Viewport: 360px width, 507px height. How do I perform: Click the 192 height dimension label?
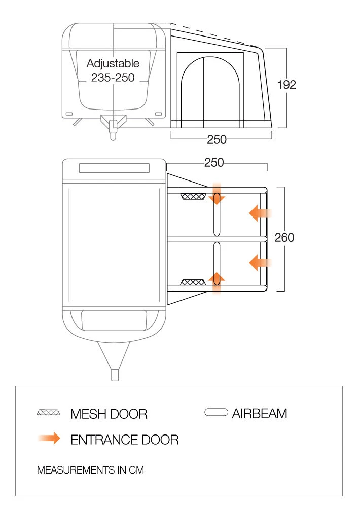pos(286,85)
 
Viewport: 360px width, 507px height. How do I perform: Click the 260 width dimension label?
pos(284,237)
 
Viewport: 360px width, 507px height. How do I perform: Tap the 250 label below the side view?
pos(217,139)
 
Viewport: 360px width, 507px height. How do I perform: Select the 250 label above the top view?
pos(214,163)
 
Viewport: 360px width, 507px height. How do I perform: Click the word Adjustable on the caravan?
pos(113,64)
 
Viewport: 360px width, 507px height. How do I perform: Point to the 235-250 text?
pos(113,78)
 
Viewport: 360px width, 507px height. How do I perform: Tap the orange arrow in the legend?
pos(49,439)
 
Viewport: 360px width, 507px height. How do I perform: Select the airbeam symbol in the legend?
pos(215,413)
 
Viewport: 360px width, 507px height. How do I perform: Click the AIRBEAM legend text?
pos(259,414)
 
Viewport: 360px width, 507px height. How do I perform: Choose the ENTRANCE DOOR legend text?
pos(124,440)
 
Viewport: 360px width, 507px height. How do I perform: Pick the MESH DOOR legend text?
pos(109,414)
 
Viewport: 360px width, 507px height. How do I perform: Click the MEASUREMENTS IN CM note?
pos(90,470)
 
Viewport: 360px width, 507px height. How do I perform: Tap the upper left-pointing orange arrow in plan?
pos(261,214)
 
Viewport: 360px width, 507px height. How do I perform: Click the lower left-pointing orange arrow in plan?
pos(261,262)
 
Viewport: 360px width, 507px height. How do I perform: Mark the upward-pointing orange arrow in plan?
pos(217,281)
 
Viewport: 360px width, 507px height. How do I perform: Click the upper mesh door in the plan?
pos(193,196)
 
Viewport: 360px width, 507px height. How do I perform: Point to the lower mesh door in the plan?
pos(192,282)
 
